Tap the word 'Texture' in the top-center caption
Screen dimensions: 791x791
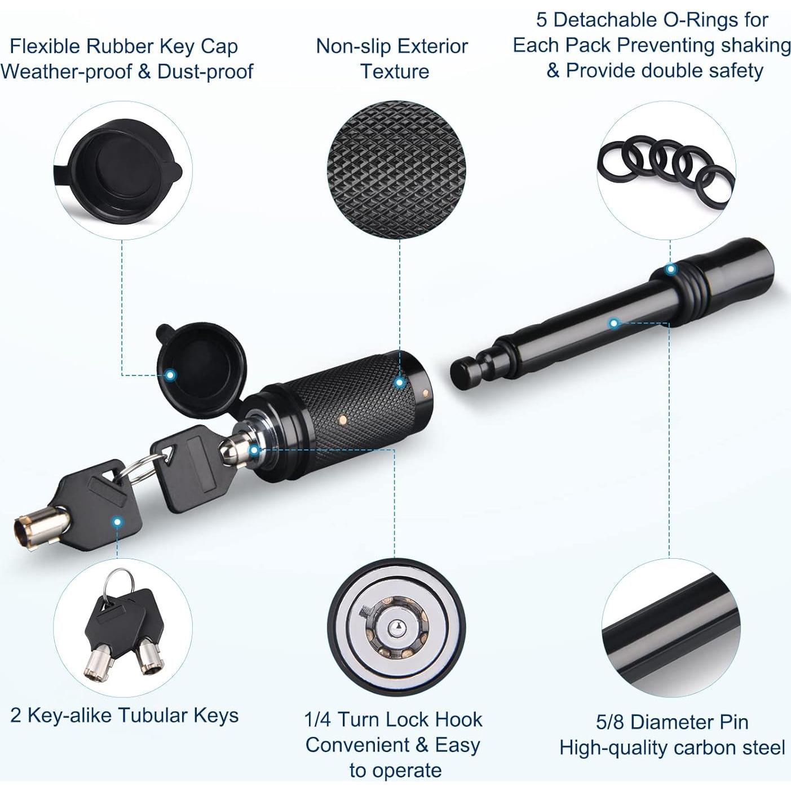(394, 72)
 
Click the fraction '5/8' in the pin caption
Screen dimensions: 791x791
(611, 722)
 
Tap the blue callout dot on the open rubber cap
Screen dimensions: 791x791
(170, 375)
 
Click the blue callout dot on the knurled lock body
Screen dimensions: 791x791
(399, 382)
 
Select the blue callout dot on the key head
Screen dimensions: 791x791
(117, 522)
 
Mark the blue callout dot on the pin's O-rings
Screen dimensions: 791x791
(670, 269)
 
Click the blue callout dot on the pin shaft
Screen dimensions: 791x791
(614, 323)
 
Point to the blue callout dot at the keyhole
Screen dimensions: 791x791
(254, 450)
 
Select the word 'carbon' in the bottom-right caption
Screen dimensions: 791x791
(705, 748)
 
